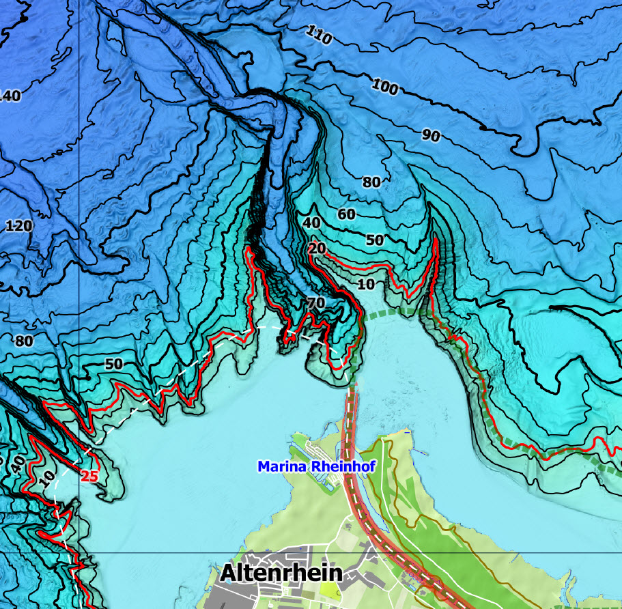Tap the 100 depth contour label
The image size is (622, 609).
pyautogui.click(x=385, y=86)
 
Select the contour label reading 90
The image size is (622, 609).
pyautogui.click(x=430, y=135)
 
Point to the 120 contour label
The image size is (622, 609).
pyautogui.click(x=18, y=225)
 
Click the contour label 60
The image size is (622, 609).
pyautogui.click(x=347, y=214)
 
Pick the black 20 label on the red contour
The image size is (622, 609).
pyautogui.click(x=317, y=249)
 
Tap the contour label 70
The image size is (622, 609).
pyautogui.click(x=315, y=302)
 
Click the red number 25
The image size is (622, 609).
pyautogui.click(x=89, y=476)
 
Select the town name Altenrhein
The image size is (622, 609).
pyautogui.click(x=281, y=573)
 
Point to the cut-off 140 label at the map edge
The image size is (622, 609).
pyautogui.click(x=10, y=96)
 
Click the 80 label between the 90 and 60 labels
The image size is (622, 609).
pyautogui.click(x=371, y=182)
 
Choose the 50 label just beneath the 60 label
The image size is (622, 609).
pyautogui.click(x=375, y=240)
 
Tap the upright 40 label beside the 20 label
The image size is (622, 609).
pyautogui.click(x=311, y=223)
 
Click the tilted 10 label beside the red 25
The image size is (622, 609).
pyautogui.click(x=46, y=479)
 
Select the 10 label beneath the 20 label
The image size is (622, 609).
pyautogui.click(x=366, y=283)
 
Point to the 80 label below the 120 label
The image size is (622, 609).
pyautogui.click(x=24, y=341)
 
